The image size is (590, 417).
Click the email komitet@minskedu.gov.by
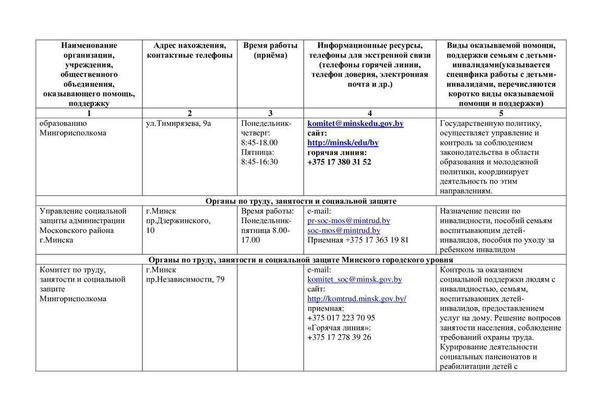click(355, 124)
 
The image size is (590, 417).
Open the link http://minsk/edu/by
click(343, 143)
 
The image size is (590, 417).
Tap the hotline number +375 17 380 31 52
click(339, 162)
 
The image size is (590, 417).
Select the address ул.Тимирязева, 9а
click(178, 124)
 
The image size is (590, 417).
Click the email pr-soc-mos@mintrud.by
click(348, 220)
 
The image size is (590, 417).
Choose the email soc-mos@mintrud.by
click(344, 230)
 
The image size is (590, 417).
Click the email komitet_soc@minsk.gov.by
click(355, 279)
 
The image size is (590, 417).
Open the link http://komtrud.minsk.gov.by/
click(357, 299)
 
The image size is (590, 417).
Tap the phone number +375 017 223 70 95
click(341, 318)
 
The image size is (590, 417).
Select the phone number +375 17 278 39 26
click(339, 337)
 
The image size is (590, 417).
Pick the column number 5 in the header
click(501, 113)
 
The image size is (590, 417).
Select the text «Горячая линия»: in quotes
click(339, 327)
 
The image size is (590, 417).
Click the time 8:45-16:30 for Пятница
click(259, 162)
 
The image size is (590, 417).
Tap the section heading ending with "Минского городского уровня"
click(300, 260)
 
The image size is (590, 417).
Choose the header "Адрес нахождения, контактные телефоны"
click(189, 51)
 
